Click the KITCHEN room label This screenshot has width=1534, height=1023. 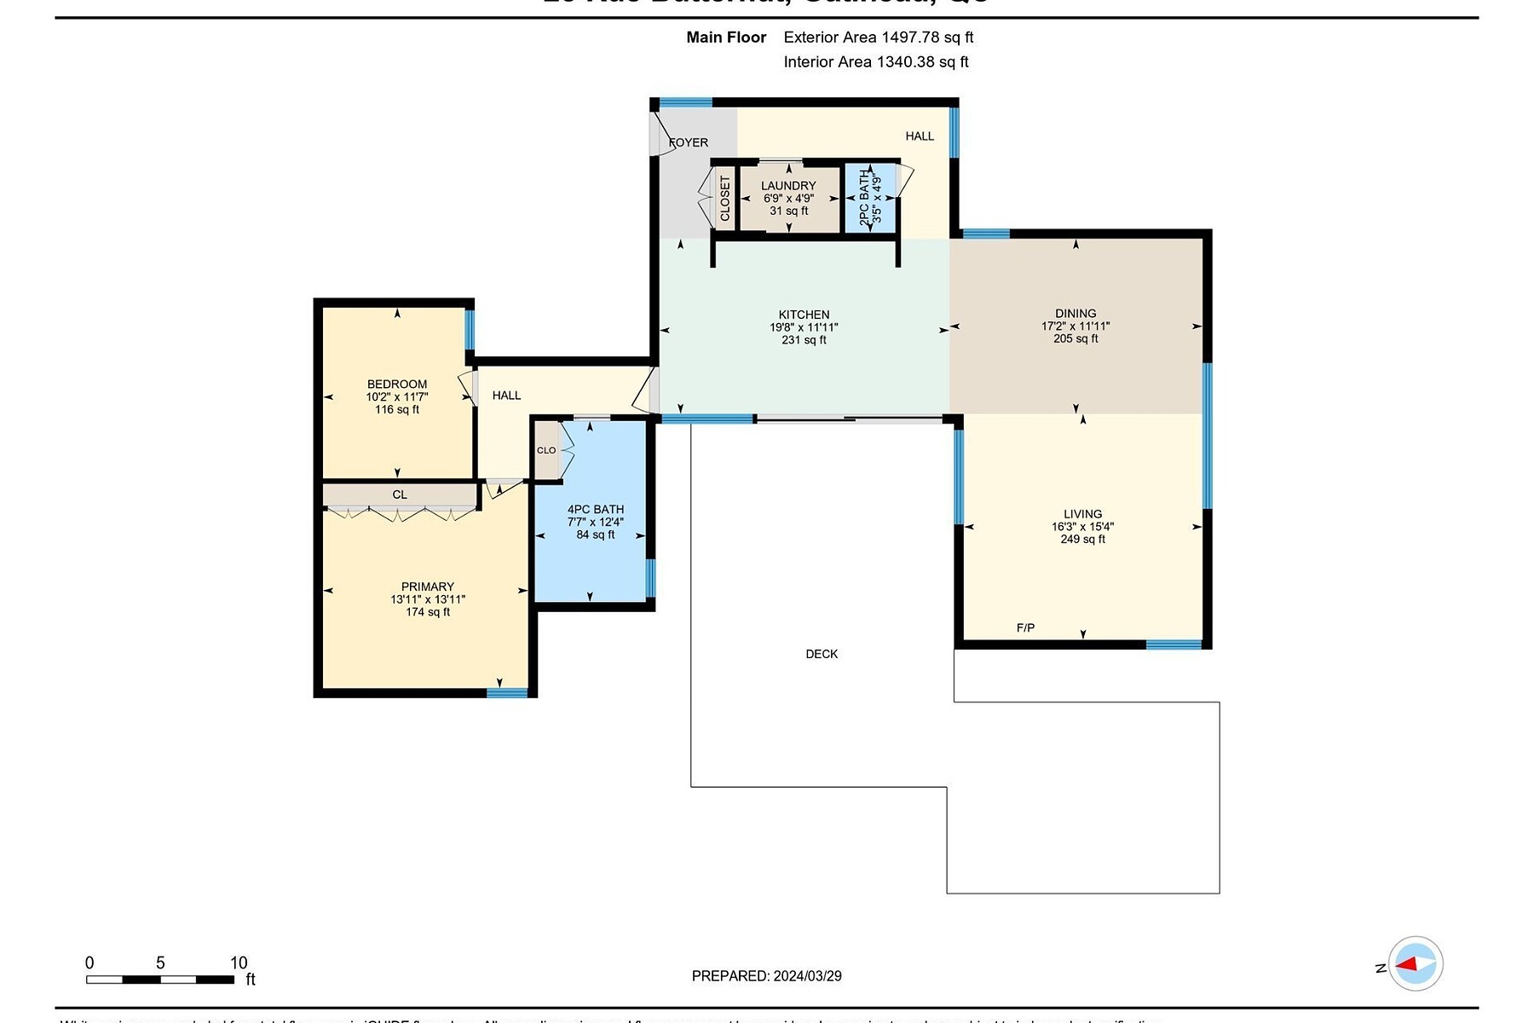point(804,315)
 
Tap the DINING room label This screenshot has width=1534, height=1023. point(1076,313)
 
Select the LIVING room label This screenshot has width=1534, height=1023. point(1082,514)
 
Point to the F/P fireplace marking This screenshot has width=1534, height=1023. point(1025,628)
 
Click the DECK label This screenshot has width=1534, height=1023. point(822,654)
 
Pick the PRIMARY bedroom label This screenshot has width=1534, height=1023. point(428,587)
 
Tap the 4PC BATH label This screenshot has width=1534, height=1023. point(596,509)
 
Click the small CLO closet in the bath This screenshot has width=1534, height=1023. point(546,450)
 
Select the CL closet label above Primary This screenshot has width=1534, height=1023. point(400,494)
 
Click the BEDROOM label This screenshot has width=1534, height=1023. point(397,384)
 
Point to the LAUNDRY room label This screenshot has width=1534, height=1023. point(788,186)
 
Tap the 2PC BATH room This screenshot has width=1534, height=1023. point(869,198)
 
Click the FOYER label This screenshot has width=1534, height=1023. point(689,142)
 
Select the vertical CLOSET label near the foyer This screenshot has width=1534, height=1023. point(725,199)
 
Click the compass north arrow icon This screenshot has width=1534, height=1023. point(1415,964)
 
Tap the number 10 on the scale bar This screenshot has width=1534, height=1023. point(239,962)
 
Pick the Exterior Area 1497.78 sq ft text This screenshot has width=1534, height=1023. point(878,38)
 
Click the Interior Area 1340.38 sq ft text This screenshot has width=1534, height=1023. point(876,61)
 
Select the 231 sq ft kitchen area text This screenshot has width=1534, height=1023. point(804,340)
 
